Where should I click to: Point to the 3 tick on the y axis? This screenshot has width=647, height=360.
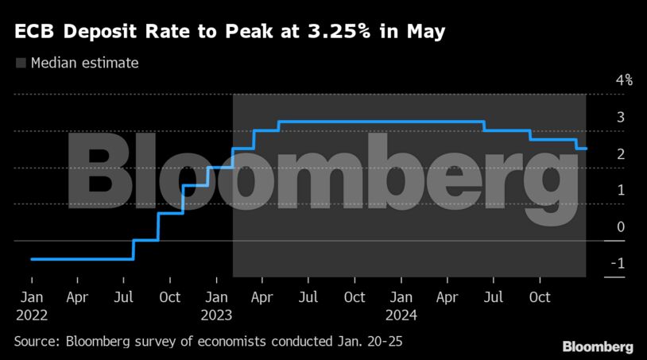[621, 117]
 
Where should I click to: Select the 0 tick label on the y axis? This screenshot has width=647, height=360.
[621, 226]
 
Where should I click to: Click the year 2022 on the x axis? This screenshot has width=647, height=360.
[32, 314]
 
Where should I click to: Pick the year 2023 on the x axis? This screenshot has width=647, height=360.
[217, 314]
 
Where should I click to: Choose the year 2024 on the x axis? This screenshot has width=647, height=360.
[401, 314]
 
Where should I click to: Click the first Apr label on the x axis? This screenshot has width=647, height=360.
[77, 298]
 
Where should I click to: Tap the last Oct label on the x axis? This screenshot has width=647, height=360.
[540, 298]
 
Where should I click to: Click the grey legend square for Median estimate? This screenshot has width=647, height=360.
[20, 63]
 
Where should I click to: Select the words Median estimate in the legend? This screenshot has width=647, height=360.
[84, 63]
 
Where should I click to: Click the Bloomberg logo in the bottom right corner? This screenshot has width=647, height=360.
[598, 347]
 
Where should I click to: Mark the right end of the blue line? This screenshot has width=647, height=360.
[587, 149]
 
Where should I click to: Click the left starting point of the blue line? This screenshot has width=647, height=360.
[31, 259]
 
